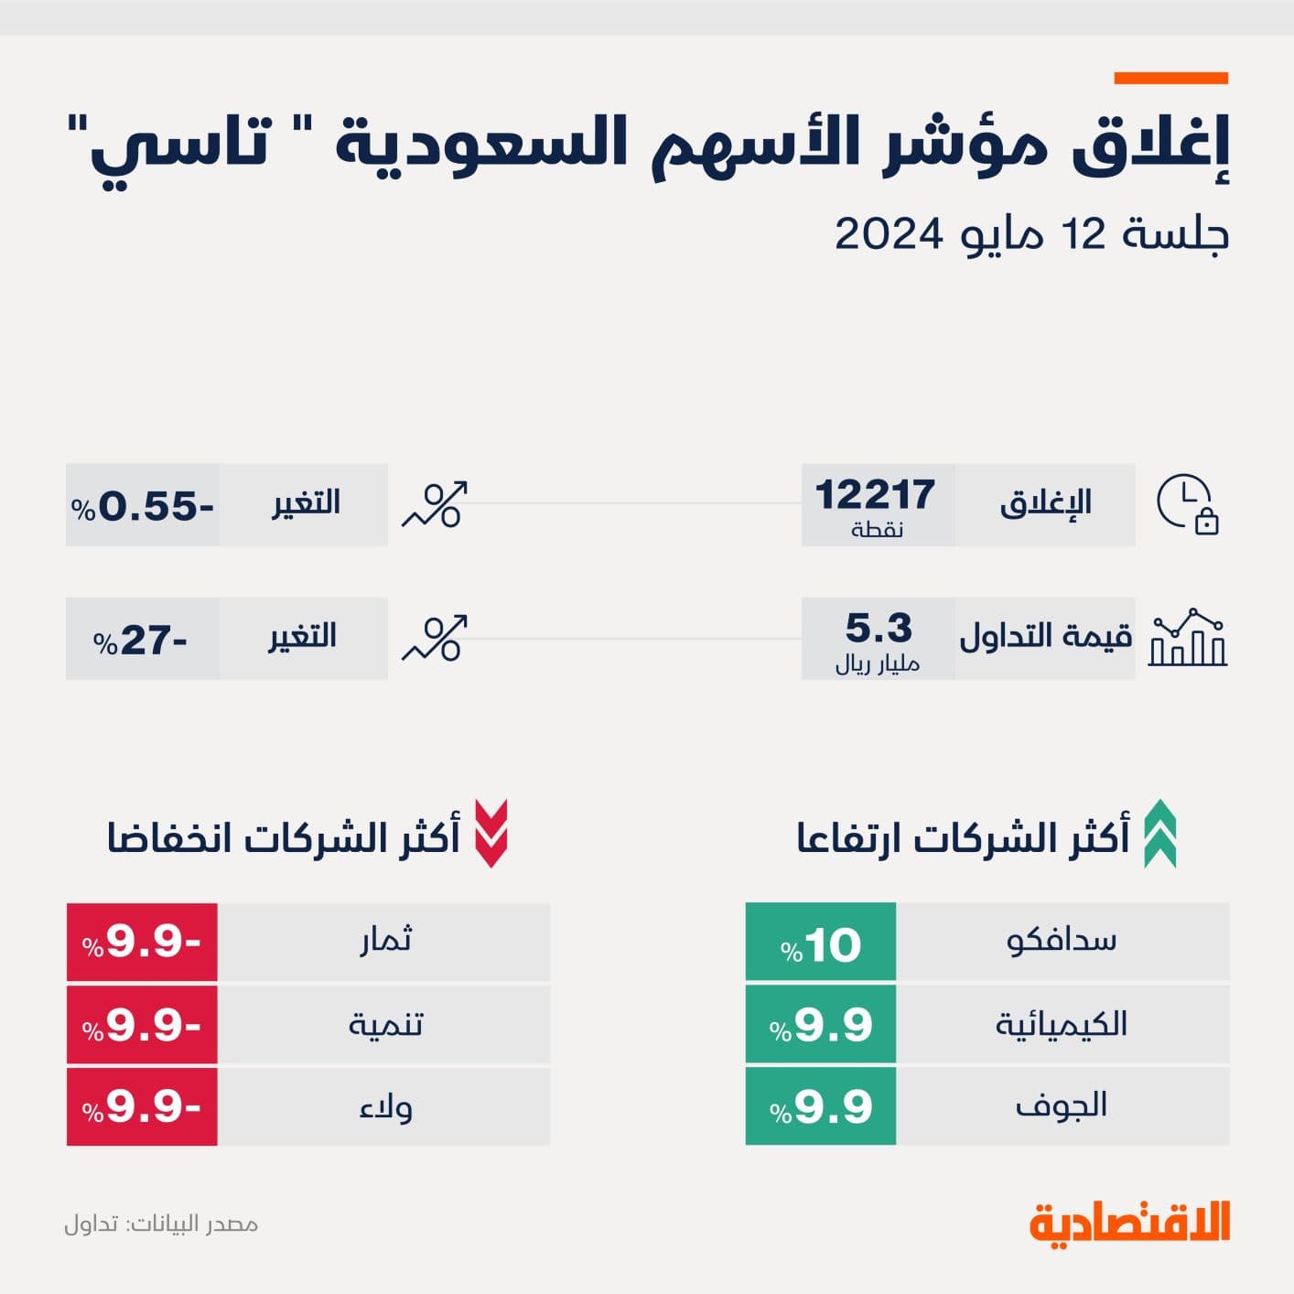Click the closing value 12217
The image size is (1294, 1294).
coord(875,496)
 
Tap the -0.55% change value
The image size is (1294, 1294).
coord(143,506)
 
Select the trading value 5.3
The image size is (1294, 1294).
coord(879,629)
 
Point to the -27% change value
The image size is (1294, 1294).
coord(141,640)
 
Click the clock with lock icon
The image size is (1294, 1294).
coord(1188,504)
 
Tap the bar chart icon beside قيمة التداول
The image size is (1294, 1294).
coord(1188,637)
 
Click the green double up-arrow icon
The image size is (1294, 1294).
coord(1160,834)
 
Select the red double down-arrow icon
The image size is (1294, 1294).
coord(491,834)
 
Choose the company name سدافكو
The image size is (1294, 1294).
coord(1062,941)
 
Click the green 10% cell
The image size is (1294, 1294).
coord(821,943)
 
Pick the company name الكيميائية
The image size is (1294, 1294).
coord(1062,1024)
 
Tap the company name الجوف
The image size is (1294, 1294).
coord(1062,1105)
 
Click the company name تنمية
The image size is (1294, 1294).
coord(385,1024)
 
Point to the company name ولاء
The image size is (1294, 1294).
coord(385,1107)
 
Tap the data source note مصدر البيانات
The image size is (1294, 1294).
coord(161,1224)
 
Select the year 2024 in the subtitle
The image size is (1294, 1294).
coord(889,234)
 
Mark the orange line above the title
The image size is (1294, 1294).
coord(1170,79)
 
